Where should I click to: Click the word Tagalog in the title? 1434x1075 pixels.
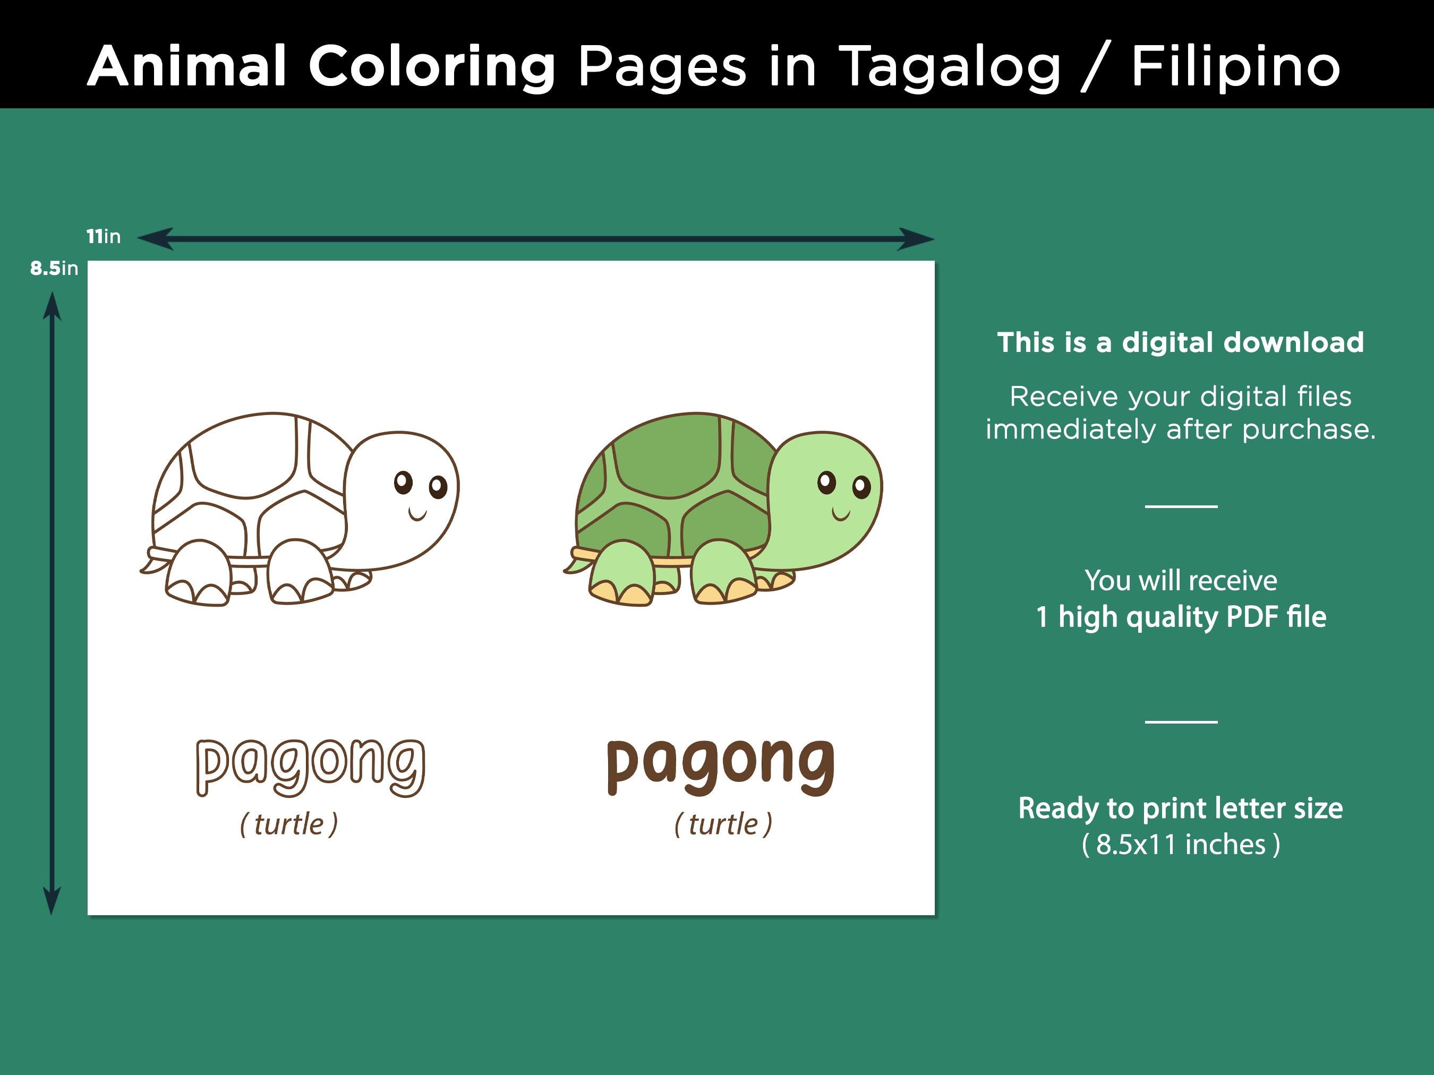coord(950,67)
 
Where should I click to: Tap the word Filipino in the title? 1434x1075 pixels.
coord(1235,67)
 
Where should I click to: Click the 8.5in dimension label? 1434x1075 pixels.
coord(54,268)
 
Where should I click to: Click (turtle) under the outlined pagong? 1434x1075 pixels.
coord(289,824)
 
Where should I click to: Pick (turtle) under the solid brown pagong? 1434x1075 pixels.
coord(723,824)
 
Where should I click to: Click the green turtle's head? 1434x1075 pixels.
coord(826,499)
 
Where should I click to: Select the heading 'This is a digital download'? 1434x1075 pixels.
coord(1180,342)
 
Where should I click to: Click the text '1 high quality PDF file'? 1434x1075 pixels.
coord(1181,616)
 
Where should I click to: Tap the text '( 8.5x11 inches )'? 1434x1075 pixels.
coord(1181,844)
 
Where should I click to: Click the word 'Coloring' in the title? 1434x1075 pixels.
coord(432,67)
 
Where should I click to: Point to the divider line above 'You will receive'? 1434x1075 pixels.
coord(1181,506)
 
